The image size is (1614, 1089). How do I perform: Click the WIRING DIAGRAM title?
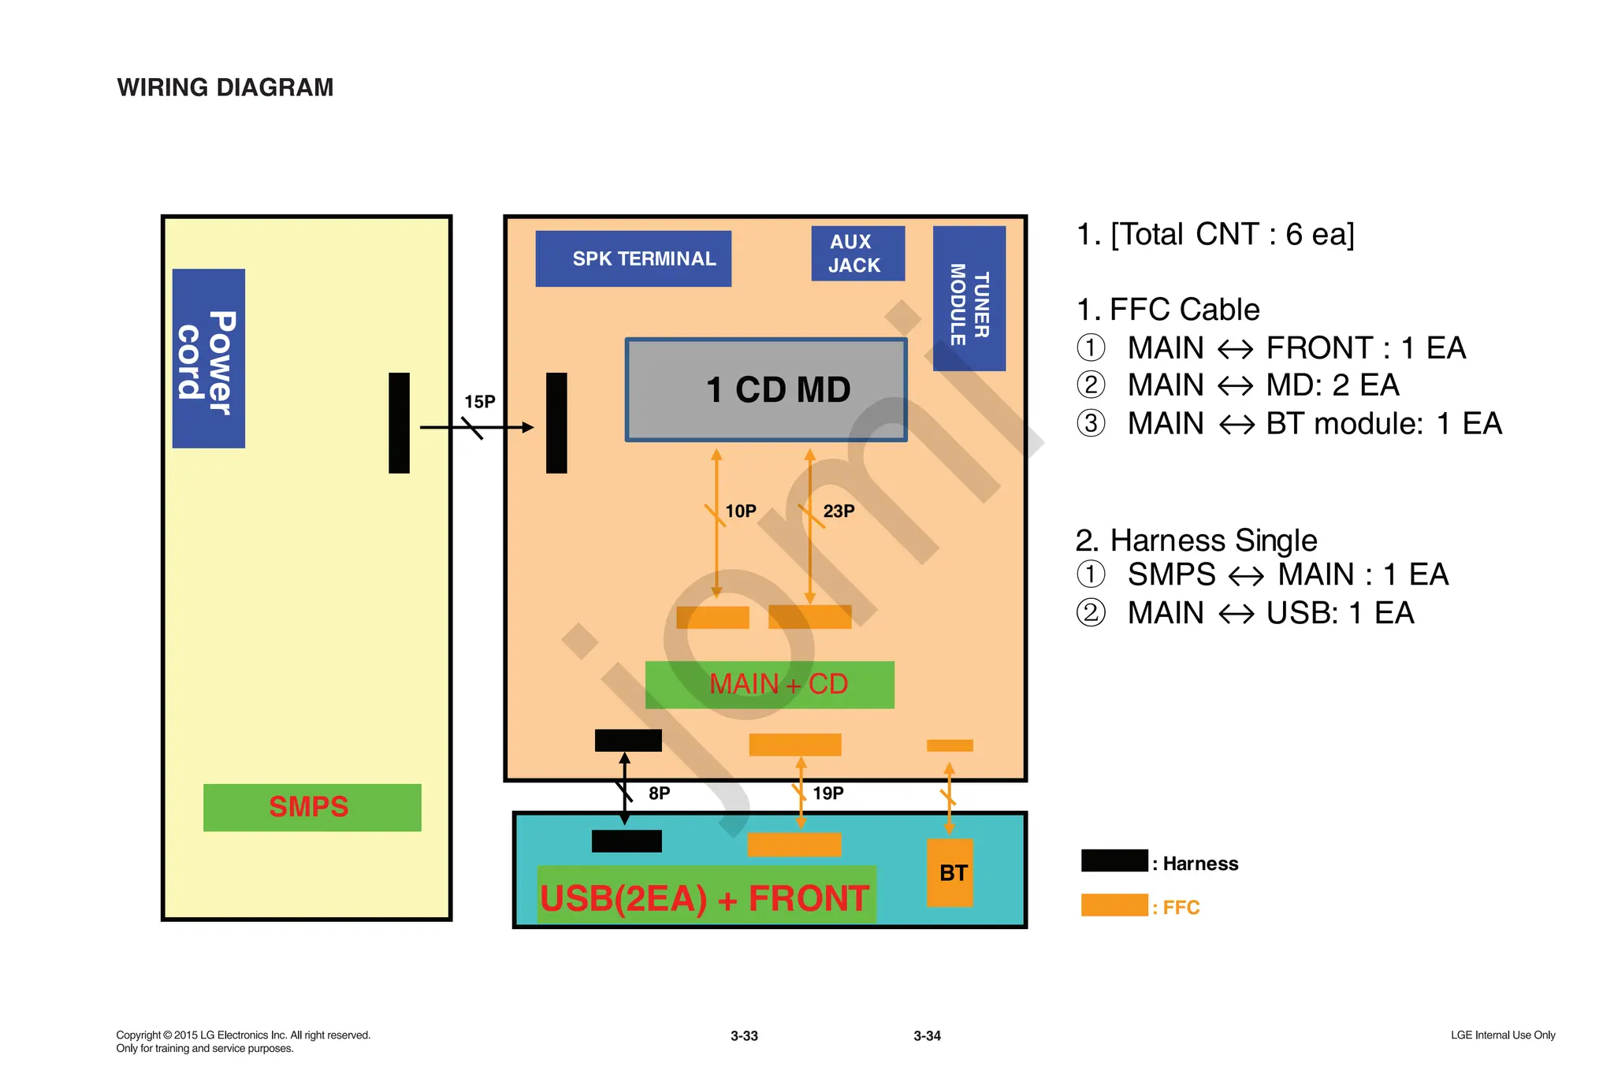pos(225,87)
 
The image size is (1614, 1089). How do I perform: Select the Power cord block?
pos(208,359)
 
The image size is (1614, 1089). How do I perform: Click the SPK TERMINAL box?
pos(633,258)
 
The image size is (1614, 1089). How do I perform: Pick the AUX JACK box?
pos(857,254)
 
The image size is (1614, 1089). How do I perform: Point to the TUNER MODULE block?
pos(969,299)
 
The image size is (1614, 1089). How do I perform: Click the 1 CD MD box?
pos(766,390)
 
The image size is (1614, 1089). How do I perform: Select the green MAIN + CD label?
pos(769,684)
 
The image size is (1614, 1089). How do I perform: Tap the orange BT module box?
pos(950,872)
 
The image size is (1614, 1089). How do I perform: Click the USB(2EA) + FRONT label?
pos(705,898)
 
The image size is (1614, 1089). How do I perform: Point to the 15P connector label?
pos(479,402)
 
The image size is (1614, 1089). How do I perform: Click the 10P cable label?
pos(740,511)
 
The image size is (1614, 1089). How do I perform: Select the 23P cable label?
pos(839,511)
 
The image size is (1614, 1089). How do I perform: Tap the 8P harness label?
pos(659,794)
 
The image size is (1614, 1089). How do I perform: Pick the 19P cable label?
pos(827,794)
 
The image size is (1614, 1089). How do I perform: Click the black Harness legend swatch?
pos(1114,860)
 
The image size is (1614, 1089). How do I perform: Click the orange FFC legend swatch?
pos(1114,905)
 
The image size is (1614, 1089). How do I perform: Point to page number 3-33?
pos(744,1036)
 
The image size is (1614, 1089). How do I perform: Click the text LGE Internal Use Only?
pos(1502,1035)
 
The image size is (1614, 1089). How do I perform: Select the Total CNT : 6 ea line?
pos(1215,235)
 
